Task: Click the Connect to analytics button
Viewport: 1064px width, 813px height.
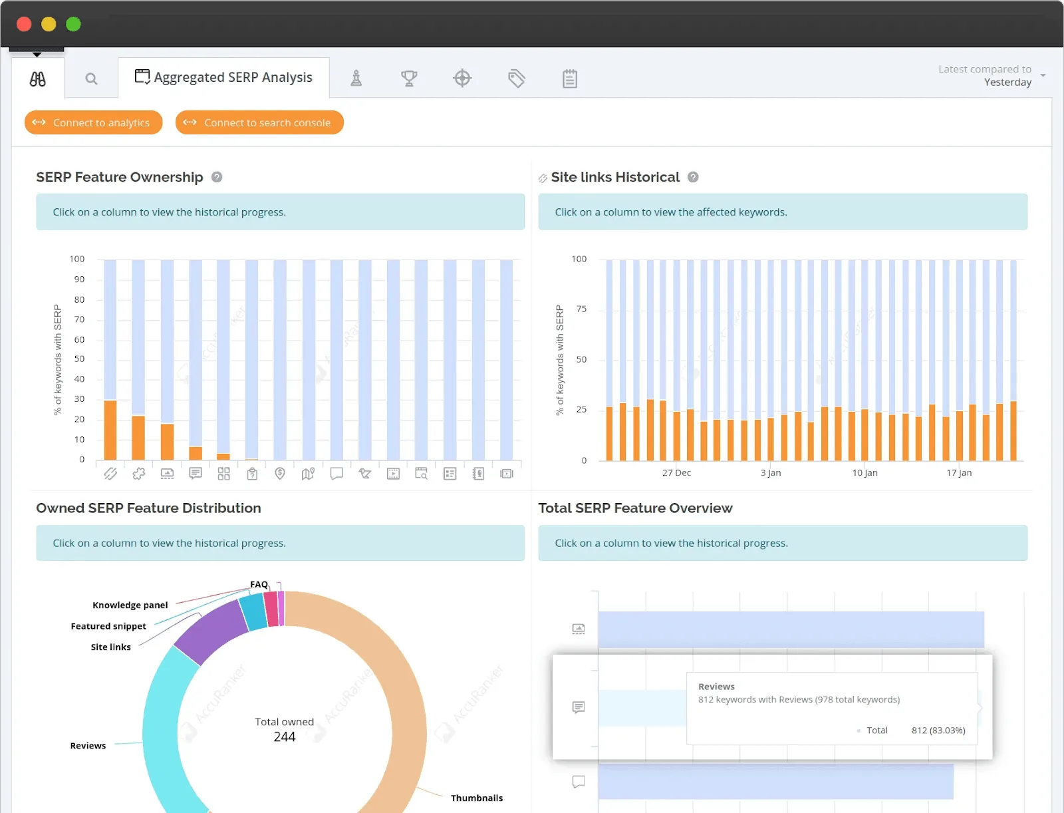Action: point(94,122)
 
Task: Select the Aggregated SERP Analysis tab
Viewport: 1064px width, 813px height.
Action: point(224,78)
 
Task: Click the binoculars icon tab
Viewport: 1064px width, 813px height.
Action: point(38,79)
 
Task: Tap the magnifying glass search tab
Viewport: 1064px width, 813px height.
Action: point(91,79)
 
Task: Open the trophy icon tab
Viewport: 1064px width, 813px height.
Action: point(409,79)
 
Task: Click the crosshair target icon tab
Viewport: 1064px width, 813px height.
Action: point(462,79)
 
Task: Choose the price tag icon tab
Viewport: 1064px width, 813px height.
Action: point(516,79)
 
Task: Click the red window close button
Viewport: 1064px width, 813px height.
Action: point(24,24)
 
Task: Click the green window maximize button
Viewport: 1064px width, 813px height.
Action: point(73,24)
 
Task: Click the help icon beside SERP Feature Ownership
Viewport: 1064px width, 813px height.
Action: point(217,177)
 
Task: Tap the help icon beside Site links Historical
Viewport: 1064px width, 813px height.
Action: point(693,177)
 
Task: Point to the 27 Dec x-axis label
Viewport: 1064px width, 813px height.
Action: point(676,473)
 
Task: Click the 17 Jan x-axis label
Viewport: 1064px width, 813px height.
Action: point(959,473)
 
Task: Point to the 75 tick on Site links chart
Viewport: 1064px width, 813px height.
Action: point(581,309)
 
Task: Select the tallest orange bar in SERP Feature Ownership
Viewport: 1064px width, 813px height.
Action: point(110,429)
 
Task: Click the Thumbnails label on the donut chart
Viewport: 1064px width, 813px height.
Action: point(476,798)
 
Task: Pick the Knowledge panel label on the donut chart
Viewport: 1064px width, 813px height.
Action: point(130,605)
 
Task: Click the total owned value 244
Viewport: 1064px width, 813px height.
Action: point(285,736)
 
